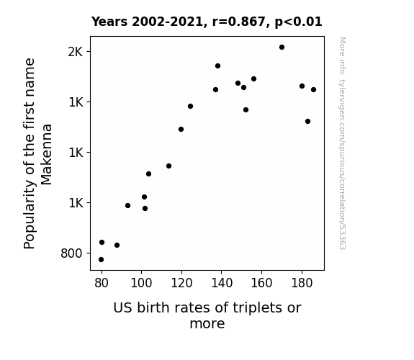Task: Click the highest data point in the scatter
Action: click(282, 48)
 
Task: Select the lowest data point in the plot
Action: click(101, 260)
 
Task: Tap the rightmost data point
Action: click(313, 90)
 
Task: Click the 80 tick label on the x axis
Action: click(102, 283)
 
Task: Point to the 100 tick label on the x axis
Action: click(141, 283)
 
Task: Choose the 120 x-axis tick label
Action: click(181, 283)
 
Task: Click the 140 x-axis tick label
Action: click(222, 283)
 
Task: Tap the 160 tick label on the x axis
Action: click(261, 283)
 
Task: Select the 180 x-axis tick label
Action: click(302, 283)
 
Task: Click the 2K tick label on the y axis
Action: click(76, 52)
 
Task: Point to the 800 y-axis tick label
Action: click(71, 253)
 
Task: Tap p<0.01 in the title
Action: click(298, 22)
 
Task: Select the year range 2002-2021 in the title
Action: click(167, 22)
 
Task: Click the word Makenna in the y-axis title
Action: click(47, 155)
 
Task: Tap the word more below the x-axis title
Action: click(207, 324)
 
